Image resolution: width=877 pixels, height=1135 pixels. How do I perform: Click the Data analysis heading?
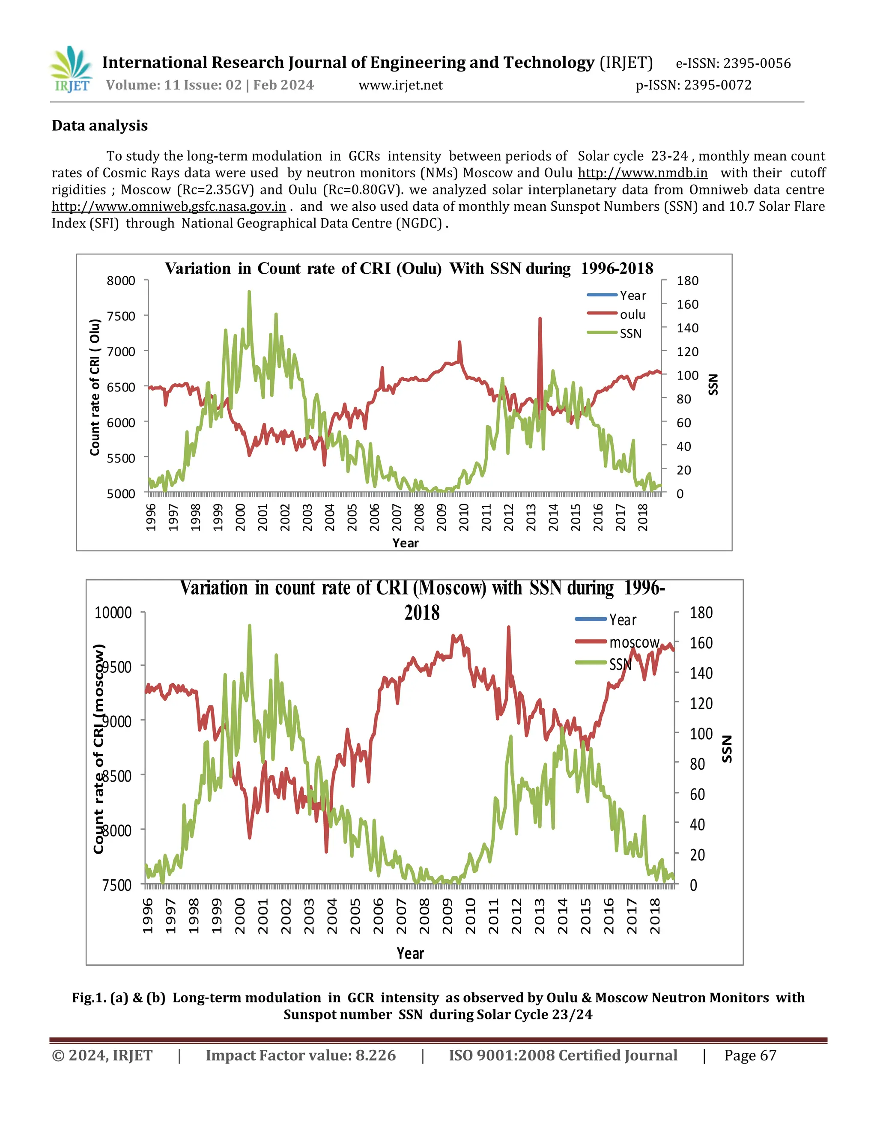pos(100,126)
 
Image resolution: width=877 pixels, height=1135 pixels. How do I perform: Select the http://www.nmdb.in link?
pos(642,173)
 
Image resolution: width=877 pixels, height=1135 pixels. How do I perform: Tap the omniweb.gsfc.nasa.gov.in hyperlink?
pos(169,206)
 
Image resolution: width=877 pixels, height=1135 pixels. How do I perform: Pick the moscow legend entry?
pos(633,642)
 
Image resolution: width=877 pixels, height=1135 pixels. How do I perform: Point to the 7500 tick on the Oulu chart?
pos(120,316)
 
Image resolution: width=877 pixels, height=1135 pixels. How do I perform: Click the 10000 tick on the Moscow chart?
pos(113,613)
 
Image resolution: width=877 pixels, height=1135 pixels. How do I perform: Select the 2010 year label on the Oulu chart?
pos(464,517)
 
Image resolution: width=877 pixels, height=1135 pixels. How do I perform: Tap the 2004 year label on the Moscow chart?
pos(331,916)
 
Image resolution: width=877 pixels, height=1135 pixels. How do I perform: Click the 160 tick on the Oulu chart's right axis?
pos(687,304)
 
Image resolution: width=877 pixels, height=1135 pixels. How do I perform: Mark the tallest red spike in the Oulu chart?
pos(540,319)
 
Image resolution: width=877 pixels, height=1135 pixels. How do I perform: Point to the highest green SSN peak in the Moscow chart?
pos(249,627)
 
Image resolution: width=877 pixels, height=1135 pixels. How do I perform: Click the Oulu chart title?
pos(409,268)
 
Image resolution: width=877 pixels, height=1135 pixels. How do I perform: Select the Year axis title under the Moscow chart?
pos(410,953)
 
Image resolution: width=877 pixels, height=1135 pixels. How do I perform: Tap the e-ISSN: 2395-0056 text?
pos(733,63)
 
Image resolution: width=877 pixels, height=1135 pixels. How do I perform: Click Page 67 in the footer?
pos(750,1055)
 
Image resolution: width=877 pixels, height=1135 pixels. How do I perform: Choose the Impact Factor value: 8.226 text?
pos(300,1055)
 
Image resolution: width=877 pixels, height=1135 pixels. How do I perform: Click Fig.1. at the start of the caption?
pos(89,998)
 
